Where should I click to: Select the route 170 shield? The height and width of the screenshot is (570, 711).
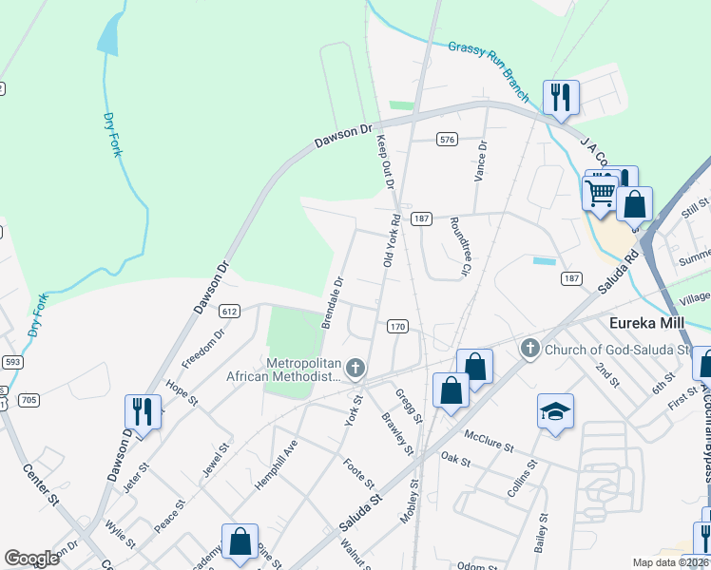397,327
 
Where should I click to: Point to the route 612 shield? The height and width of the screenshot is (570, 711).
228,311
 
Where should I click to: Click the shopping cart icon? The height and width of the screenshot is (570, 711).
600,192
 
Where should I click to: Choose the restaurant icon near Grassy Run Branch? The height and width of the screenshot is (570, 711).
561,97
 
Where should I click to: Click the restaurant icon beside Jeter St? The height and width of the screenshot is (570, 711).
143,411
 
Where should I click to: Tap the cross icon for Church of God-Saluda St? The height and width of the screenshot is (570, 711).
530,350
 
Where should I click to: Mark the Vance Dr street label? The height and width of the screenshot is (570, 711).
481,162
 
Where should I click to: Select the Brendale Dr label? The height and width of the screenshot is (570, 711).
332,303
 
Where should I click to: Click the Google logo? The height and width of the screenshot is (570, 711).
31,559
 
